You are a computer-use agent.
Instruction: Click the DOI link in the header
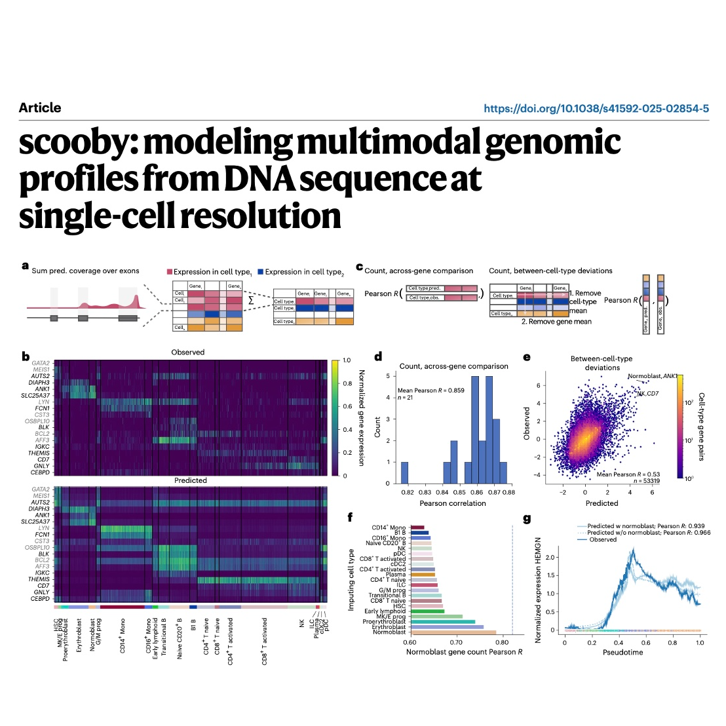click(596, 109)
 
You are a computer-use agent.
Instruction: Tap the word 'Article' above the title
click(40, 108)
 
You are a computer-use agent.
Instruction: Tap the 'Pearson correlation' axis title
click(453, 503)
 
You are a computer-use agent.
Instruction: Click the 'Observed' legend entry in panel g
click(603, 540)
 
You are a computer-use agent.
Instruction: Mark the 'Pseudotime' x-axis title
click(622, 653)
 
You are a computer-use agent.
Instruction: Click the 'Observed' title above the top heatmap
click(188, 353)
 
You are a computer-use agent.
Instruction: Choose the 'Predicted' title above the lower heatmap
click(191, 480)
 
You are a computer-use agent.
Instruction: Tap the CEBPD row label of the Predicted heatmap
click(40, 599)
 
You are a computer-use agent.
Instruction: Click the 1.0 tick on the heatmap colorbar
click(347, 360)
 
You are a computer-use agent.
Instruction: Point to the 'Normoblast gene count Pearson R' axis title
click(465, 653)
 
